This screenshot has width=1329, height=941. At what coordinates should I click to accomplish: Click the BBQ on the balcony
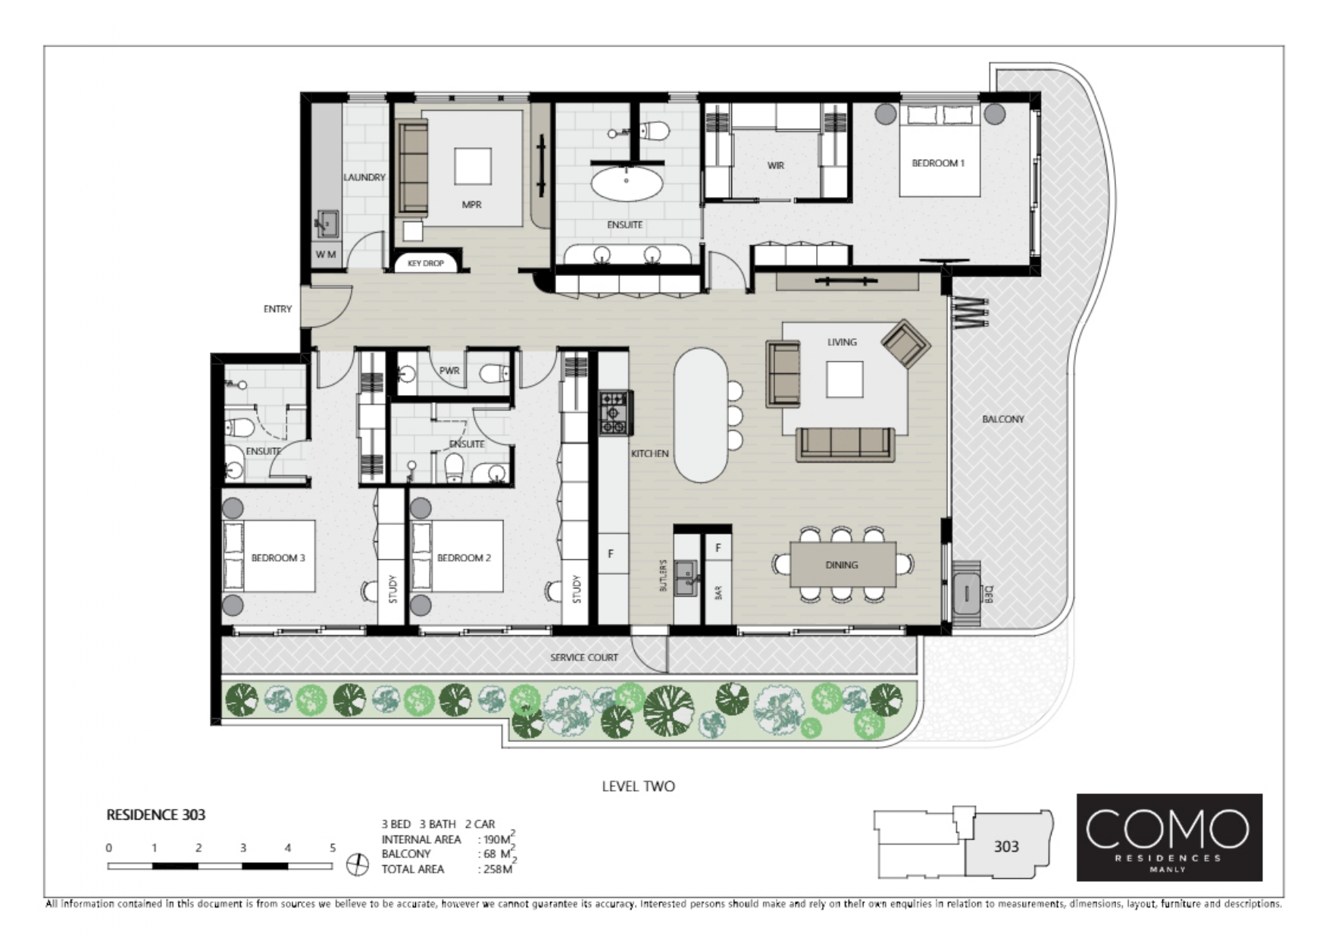[966, 593]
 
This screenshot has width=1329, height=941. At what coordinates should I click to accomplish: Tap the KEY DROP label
[426, 263]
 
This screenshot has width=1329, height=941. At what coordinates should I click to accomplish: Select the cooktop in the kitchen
[616, 413]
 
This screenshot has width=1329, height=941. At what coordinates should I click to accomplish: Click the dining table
[843, 564]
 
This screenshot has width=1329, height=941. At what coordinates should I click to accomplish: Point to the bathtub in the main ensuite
[627, 183]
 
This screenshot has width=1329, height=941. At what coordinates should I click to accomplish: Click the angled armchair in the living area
[905, 343]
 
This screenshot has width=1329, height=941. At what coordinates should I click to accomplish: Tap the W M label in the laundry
[326, 255]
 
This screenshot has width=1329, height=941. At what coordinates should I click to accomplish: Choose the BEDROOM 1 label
[938, 163]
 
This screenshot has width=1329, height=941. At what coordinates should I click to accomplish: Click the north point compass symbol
[357, 864]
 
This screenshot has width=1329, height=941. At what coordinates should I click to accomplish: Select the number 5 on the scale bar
[332, 848]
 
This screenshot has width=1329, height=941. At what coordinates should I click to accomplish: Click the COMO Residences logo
[1169, 837]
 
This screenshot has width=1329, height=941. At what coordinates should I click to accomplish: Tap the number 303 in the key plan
[1006, 846]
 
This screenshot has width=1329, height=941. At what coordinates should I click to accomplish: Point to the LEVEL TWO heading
[638, 786]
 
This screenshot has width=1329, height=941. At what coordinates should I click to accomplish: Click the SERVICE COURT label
[584, 657]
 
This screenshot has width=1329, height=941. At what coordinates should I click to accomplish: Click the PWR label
[449, 371]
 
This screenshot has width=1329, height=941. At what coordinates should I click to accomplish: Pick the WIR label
[776, 165]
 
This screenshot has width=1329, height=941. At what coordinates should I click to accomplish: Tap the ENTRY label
[277, 309]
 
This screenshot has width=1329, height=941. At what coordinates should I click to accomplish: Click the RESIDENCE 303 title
[155, 815]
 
